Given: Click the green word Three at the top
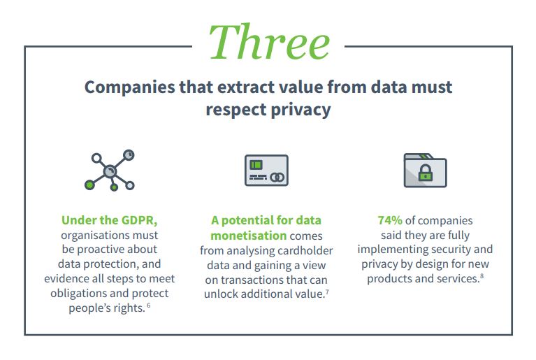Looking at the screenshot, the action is tap(269, 43).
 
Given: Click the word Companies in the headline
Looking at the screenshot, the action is tap(130, 87).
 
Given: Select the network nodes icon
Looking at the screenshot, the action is tap(110, 171).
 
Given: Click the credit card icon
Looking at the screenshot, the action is tap(266, 171).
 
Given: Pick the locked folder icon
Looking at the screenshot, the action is tap(426, 171).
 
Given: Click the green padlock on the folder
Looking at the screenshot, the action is tap(426, 173).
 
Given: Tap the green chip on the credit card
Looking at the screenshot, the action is tap(256, 165).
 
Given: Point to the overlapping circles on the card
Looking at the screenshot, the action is tap(277, 177).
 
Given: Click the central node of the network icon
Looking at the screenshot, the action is tap(110, 171).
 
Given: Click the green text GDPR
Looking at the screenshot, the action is tap(140, 220).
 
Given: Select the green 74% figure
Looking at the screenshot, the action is tap(390, 220).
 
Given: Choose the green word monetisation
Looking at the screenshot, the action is tap(249, 236).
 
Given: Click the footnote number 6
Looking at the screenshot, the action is tap(148, 305).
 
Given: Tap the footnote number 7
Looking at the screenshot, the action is tap(327, 292).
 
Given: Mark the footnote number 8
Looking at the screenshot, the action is tap(481, 276).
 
